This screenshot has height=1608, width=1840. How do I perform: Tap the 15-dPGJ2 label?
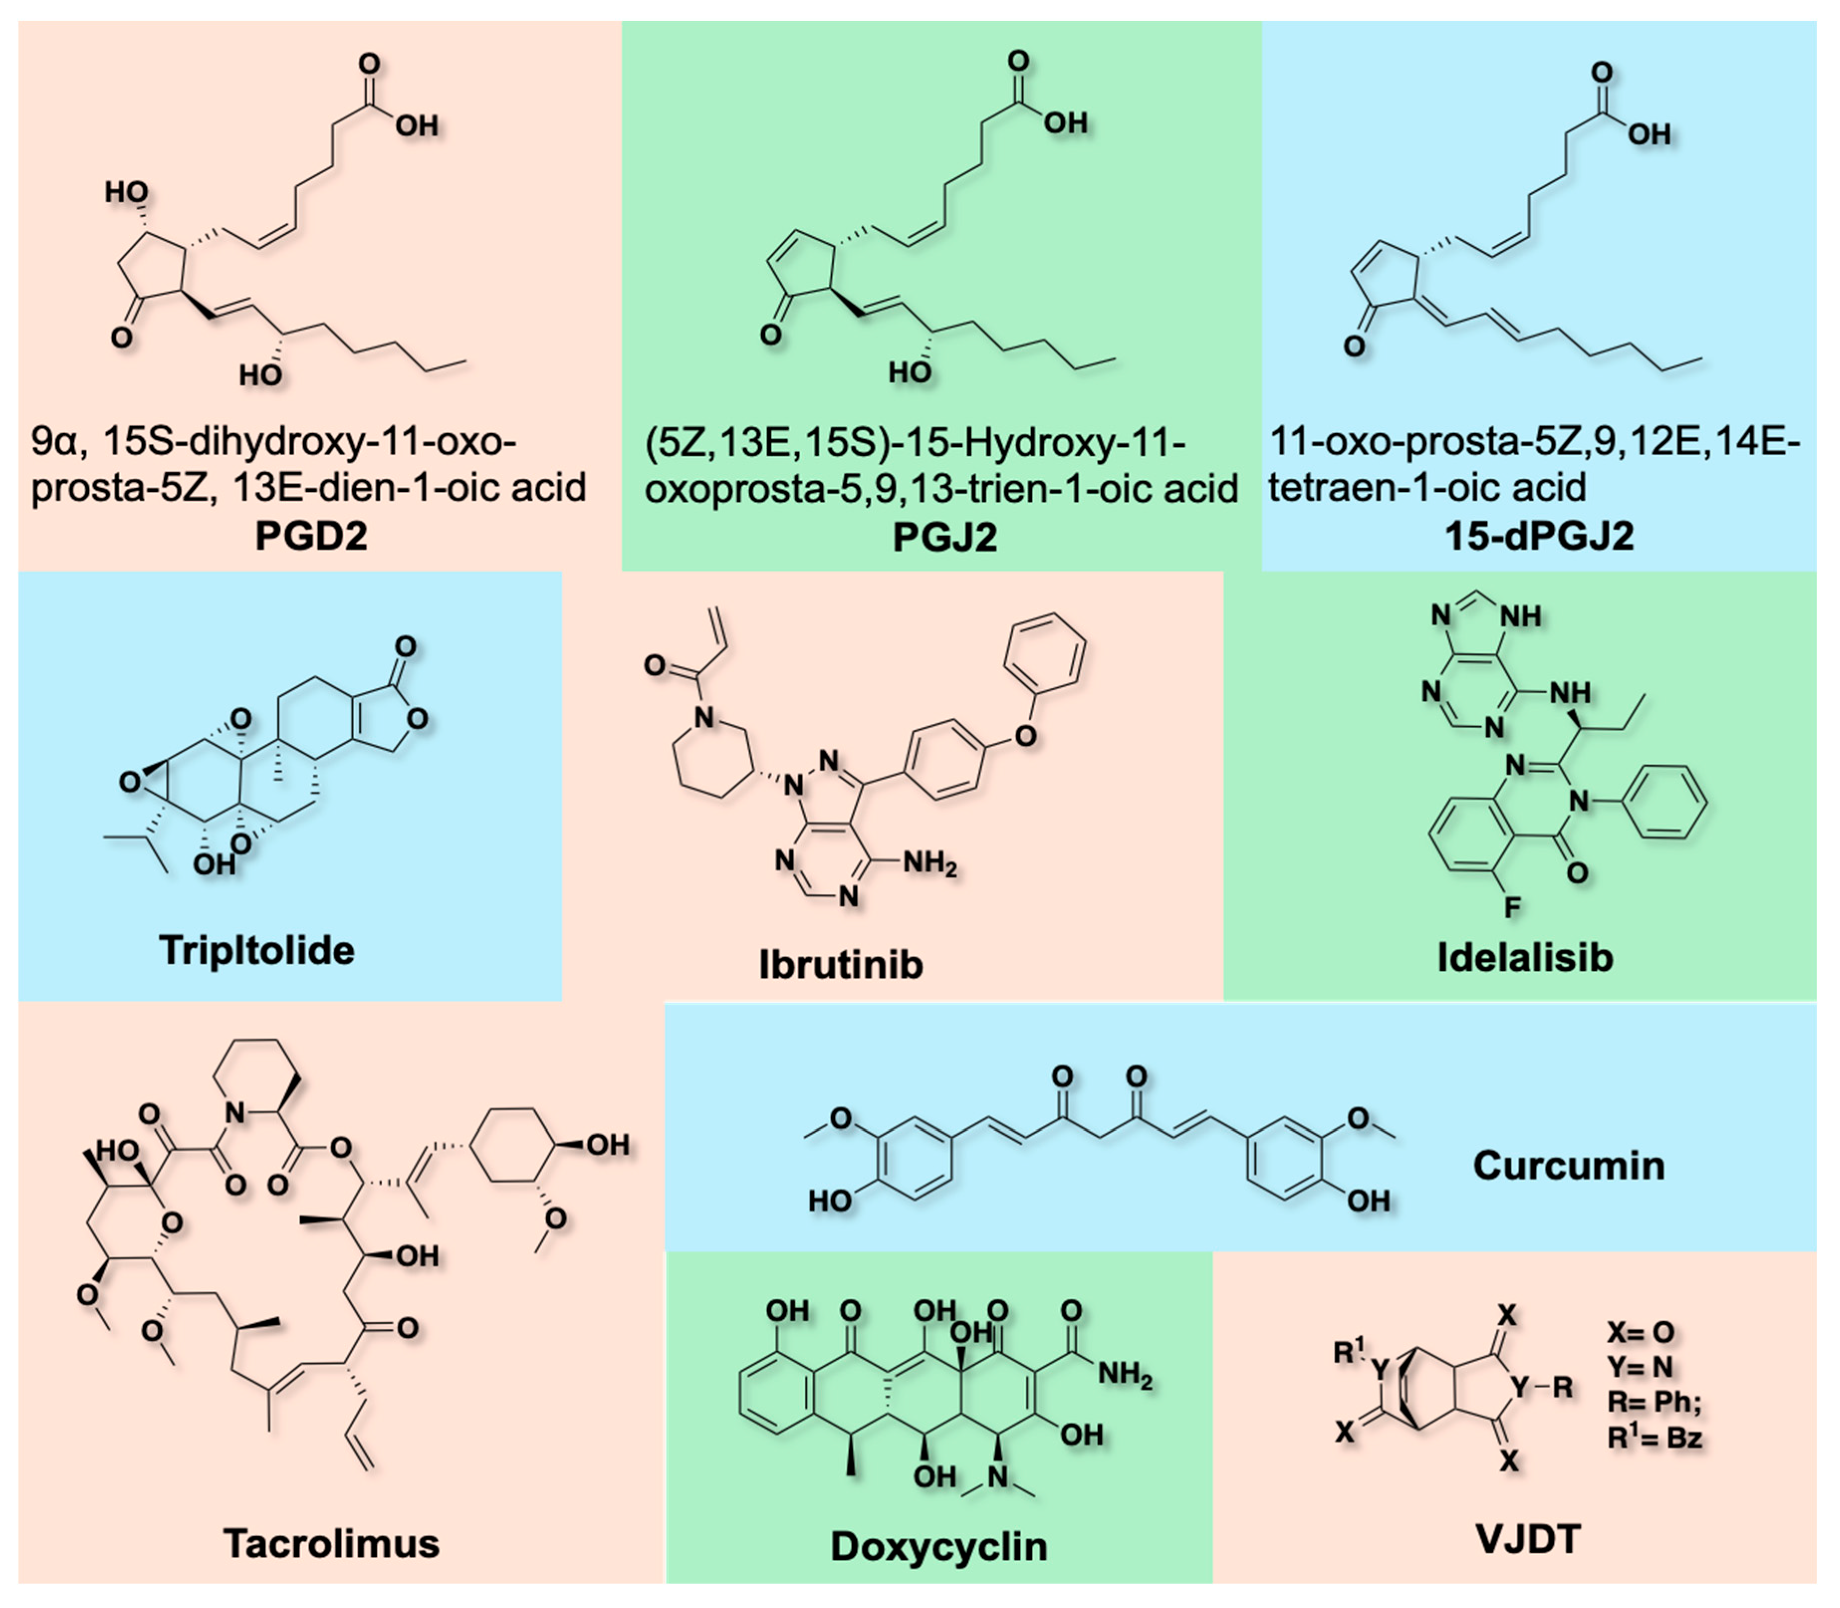click(x=1539, y=536)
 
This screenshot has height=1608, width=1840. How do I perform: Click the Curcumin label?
click(x=1568, y=1165)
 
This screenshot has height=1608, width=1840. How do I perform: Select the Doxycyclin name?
click(x=938, y=1546)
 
